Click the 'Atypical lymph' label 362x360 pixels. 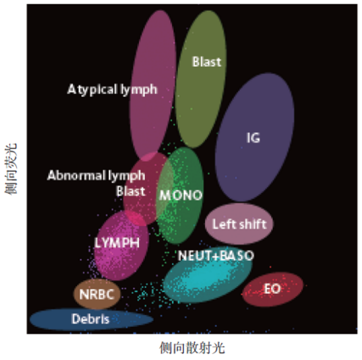point(112,90)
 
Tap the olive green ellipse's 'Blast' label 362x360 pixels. point(207,62)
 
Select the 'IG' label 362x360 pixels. point(253,138)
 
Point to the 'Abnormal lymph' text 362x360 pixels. point(96,175)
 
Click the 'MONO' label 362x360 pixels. point(181,195)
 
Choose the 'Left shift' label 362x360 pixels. point(239,224)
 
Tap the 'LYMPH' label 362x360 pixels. point(117,242)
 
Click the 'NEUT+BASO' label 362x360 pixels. point(216,256)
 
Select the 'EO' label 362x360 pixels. point(272,289)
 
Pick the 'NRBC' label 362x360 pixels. point(97,295)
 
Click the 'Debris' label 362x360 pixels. point(91,319)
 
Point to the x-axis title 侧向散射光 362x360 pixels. point(192,347)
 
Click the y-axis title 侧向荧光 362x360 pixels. point(11,169)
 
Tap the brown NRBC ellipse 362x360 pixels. point(97,294)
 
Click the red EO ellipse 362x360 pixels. point(273,289)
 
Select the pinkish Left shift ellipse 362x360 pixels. point(239,224)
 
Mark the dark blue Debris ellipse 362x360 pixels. point(92,319)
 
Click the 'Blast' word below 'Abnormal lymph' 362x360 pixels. point(131,191)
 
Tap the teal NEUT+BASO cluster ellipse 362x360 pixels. point(208,278)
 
